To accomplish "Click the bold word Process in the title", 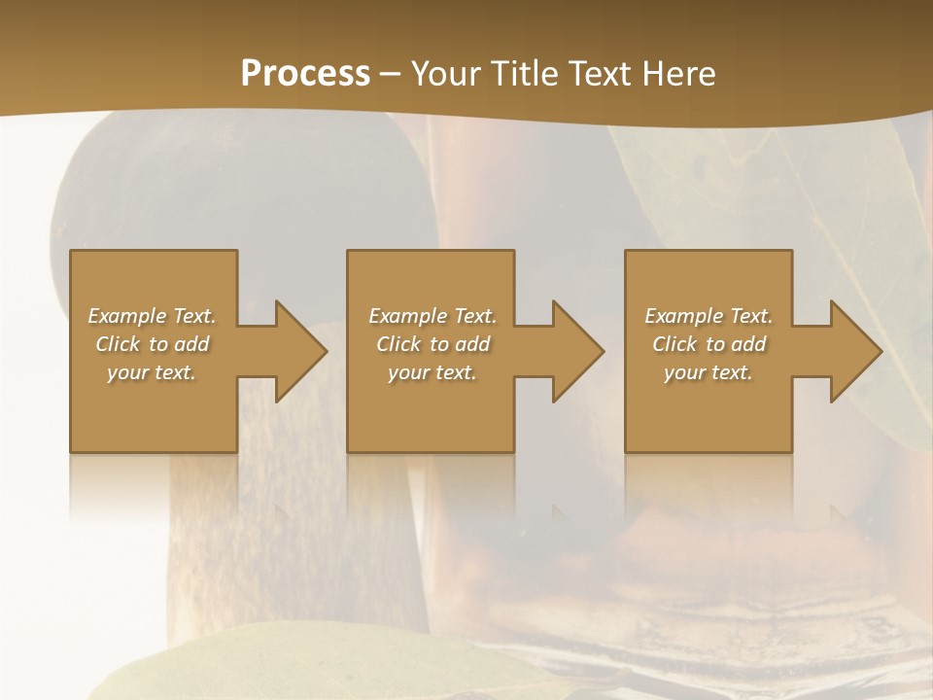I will (x=305, y=74).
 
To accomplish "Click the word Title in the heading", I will (x=521, y=74).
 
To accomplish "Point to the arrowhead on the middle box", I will (x=576, y=351).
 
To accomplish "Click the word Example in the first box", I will (x=126, y=316).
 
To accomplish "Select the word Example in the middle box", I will (x=406, y=316).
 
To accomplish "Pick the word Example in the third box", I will (x=683, y=316).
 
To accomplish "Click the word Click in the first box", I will (x=118, y=344).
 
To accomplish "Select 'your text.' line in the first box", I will (x=152, y=372).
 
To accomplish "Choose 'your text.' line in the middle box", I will (x=432, y=372).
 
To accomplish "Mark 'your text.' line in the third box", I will (x=708, y=372).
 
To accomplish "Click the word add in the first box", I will (x=191, y=344).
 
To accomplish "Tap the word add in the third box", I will (x=748, y=344).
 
